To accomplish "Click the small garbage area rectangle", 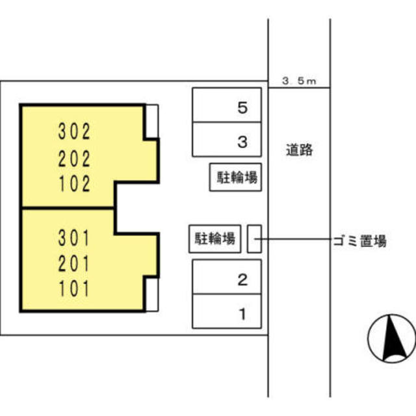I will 255,239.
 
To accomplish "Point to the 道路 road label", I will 299,150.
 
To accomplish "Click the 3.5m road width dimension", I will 299,81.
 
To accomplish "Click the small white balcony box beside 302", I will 152,122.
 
